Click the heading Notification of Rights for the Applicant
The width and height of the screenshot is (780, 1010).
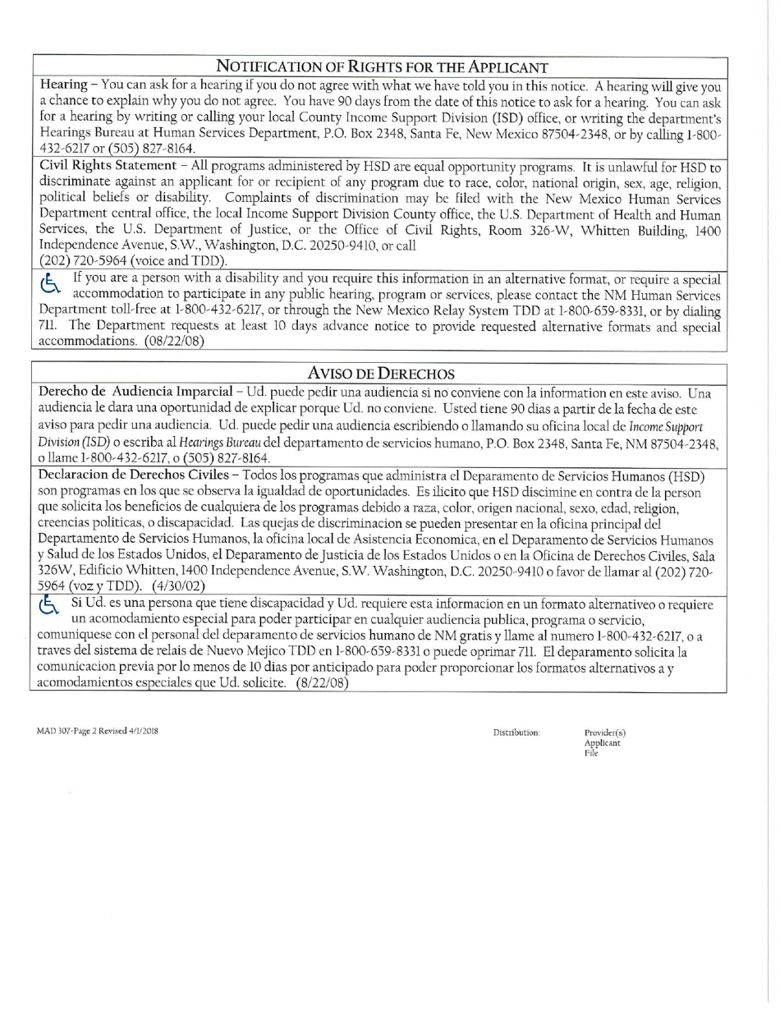382,67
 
